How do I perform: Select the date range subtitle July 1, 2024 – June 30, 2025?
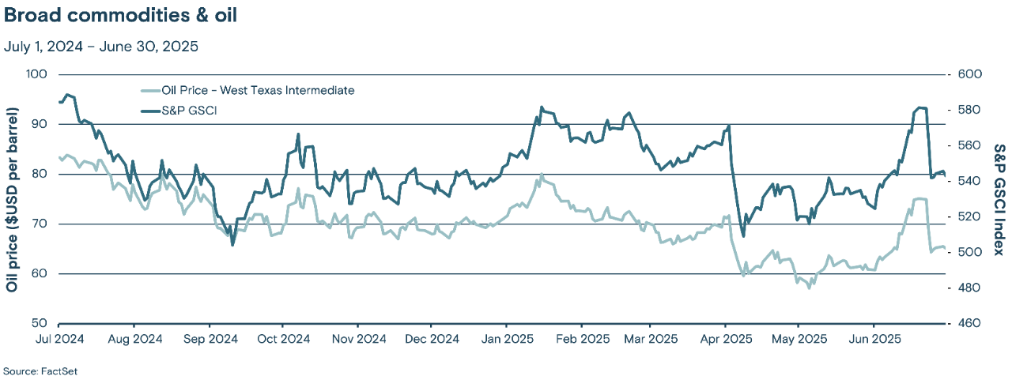(x=100, y=47)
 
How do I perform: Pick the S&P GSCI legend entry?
(x=189, y=111)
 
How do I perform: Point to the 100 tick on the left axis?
(x=38, y=74)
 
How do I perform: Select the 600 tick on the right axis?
(x=969, y=74)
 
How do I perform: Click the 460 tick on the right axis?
(x=969, y=323)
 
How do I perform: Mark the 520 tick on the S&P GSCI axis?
(x=969, y=216)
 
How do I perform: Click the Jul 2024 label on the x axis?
(x=59, y=339)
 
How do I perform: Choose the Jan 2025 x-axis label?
(x=506, y=339)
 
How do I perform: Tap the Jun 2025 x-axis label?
(x=874, y=339)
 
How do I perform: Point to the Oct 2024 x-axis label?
(x=283, y=339)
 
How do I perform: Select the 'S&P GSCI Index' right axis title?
(x=999, y=199)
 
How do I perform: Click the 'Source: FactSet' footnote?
(x=40, y=371)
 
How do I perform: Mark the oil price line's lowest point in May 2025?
(x=809, y=288)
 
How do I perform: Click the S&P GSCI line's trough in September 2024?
(x=232, y=245)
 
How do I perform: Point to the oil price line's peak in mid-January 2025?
(x=542, y=175)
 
